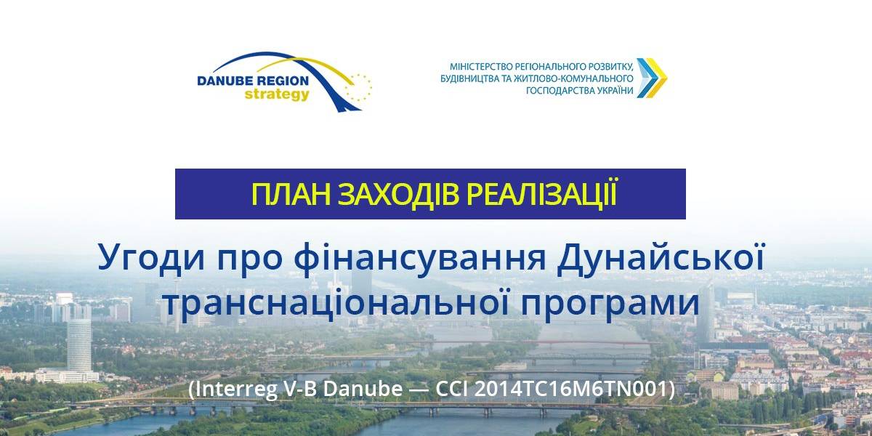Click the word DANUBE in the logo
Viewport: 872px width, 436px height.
pos(225,81)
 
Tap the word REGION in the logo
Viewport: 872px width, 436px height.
pos(282,81)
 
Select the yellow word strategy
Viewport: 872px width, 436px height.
pos(277,94)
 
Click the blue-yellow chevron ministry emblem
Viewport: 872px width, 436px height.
pos(652,78)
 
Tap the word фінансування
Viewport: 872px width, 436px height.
pos(419,259)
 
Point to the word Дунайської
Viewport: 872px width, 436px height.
pos(661,257)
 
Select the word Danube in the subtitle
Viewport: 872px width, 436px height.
pos(363,389)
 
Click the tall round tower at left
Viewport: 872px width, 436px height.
pos(79,344)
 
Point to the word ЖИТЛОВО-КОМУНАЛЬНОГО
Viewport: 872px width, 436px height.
pos(573,78)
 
